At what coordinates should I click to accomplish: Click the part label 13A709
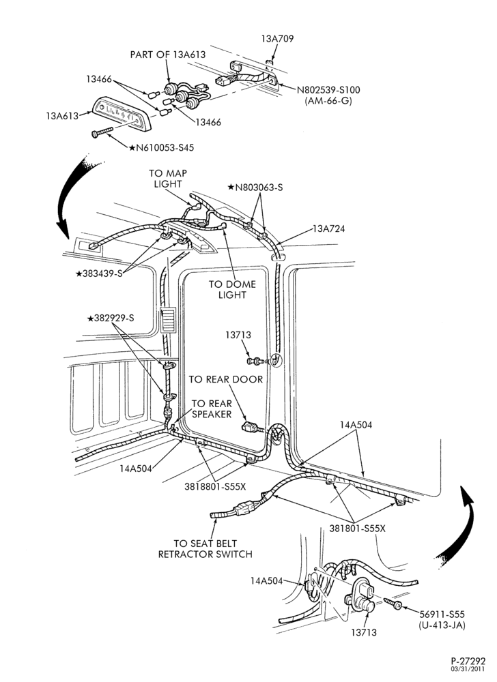pyautogui.click(x=277, y=39)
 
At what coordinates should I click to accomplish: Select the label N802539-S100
pyautogui.click(x=328, y=90)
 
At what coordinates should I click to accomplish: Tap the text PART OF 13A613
pyautogui.click(x=168, y=55)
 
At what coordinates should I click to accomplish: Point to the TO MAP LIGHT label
pyautogui.click(x=167, y=178)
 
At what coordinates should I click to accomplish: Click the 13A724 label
pyautogui.click(x=328, y=228)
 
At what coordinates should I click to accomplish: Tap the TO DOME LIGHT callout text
pyautogui.click(x=232, y=289)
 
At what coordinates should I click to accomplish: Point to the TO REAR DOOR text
pyautogui.click(x=226, y=379)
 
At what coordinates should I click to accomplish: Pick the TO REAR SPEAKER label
pyautogui.click(x=212, y=409)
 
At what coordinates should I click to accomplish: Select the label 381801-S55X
pyautogui.click(x=357, y=529)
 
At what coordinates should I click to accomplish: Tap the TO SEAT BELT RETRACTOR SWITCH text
pyautogui.click(x=205, y=548)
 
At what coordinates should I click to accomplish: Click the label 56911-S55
pyautogui.click(x=442, y=614)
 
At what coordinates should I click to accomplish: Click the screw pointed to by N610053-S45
pyautogui.click(x=102, y=132)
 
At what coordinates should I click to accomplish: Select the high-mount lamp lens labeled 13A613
pyautogui.click(x=122, y=113)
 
